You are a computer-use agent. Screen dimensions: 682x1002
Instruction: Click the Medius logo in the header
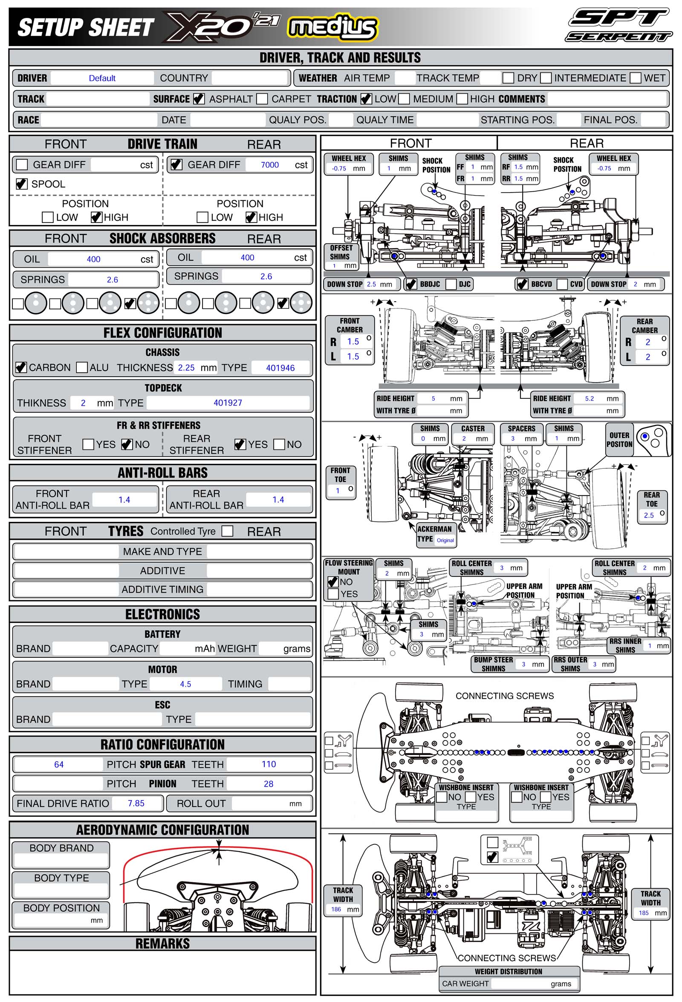[332, 27]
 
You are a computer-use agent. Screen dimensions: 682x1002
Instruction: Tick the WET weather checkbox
[635, 78]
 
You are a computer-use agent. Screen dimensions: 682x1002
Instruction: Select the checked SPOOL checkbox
[22, 184]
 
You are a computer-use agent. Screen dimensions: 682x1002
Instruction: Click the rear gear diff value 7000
[270, 165]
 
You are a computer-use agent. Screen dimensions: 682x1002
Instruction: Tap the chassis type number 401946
[280, 368]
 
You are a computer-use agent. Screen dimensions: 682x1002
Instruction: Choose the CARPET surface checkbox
[262, 99]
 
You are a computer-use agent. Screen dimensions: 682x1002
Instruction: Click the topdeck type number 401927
[228, 403]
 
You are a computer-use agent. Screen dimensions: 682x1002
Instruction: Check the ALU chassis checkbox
[81, 367]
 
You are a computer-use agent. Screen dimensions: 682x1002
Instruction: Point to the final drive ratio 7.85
[136, 803]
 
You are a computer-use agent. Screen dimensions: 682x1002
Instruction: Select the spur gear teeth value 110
[269, 764]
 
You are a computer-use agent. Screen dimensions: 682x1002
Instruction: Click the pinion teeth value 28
[268, 784]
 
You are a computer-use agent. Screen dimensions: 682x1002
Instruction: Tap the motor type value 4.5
[185, 684]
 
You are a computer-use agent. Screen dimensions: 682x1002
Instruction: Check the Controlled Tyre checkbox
[227, 531]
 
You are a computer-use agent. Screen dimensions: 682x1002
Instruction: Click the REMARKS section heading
[163, 943]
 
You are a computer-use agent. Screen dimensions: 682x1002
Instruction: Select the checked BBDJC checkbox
[411, 284]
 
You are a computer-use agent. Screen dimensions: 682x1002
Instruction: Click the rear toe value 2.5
[648, 515]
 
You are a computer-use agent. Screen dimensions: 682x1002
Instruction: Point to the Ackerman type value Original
[445, 540]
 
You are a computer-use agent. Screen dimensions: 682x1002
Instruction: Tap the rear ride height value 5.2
[589, 398]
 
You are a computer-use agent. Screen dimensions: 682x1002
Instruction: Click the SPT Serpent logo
[618, 25]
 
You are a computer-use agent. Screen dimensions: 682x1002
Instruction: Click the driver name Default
[102, 78]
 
